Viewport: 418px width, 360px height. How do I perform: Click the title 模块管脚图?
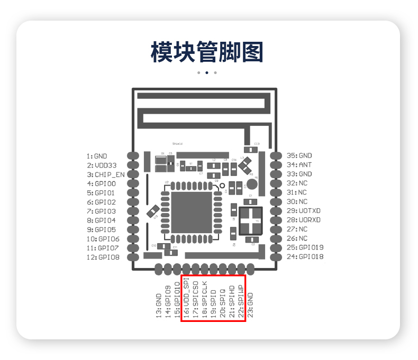(x=207, y=52)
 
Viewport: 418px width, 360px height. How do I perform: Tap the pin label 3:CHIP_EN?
(x=106, y=174)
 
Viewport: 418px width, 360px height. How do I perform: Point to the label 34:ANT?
(x=299, y=165)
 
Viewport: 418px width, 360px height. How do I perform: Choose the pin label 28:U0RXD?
(x=303, y=220)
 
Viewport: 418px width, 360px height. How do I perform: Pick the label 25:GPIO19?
(x=305, y=247)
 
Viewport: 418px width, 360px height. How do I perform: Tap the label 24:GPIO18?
(x=305, y=257)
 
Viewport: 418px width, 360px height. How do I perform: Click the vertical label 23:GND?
(x=250, y=304)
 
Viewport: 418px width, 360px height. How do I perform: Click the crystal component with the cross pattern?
(x=250, y=221)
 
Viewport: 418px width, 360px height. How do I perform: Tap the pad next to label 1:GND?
(x=133, y=156)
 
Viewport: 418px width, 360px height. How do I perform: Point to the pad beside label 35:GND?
(x=276, y=155)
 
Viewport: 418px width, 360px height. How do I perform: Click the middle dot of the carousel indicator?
(x=207, y=72)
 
